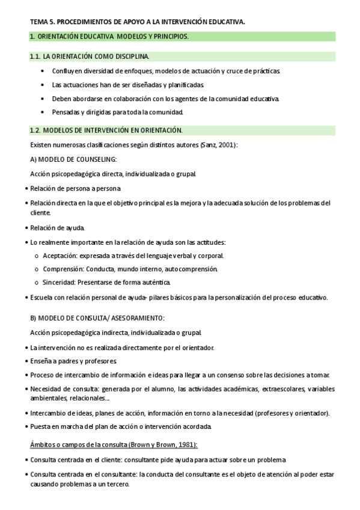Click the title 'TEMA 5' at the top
pos(41,22)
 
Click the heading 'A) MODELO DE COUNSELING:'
pos(73,159)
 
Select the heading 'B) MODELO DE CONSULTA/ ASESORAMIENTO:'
pos(97,318)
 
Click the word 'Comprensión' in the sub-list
pos(63,269)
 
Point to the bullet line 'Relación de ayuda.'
pos(58,228)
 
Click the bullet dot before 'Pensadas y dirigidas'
pos(43,112)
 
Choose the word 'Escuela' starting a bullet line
pos(42,297)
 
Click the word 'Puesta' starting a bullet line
pos(40,426)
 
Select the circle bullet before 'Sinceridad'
pos(37,283)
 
